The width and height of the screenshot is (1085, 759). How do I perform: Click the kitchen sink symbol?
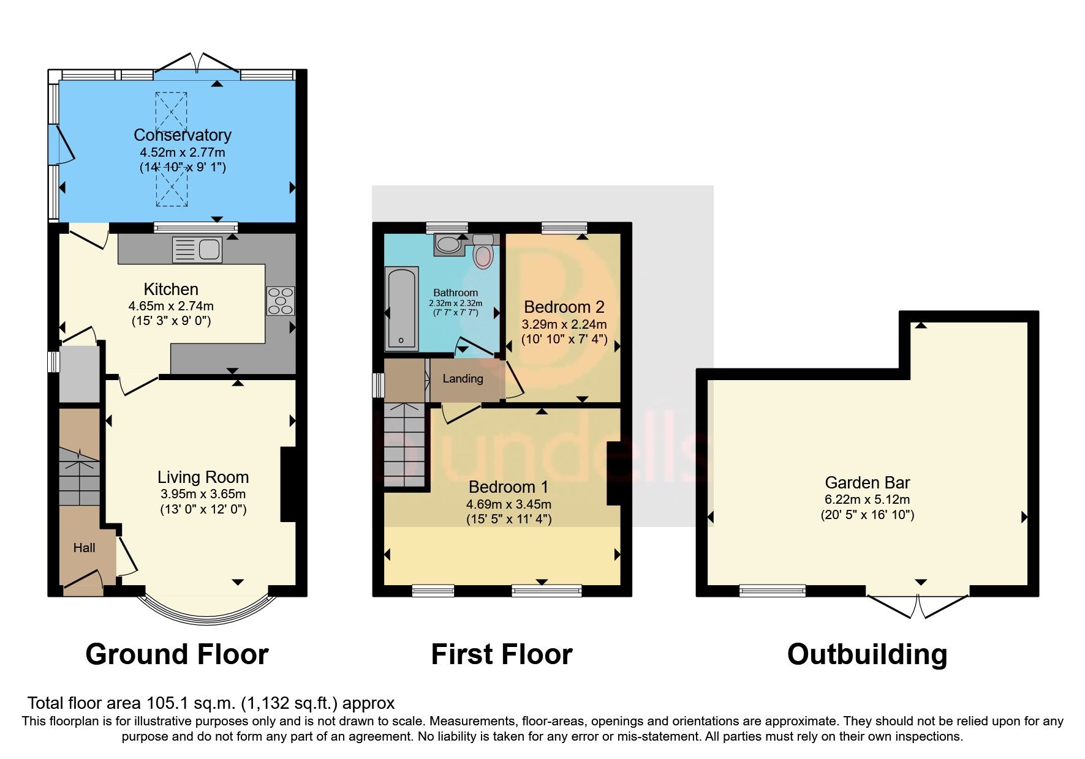197,250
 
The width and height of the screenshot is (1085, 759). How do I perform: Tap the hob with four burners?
281,301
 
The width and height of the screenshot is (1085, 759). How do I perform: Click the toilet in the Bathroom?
483,253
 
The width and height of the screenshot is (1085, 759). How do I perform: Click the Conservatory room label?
183,135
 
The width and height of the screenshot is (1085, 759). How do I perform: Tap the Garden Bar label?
867,482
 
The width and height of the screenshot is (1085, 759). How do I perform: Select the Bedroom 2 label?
564,307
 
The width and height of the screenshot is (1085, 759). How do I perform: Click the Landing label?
463,379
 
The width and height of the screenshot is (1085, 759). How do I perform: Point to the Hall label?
84,548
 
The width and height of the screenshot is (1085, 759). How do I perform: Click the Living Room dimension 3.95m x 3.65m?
203,494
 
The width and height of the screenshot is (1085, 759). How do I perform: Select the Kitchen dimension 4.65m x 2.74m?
171,305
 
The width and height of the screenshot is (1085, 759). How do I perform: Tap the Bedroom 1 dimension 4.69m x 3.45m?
508,504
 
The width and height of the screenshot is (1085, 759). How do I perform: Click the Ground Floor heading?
177,654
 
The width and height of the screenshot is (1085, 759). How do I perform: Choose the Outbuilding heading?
867,654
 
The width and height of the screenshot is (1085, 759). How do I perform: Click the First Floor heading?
501,654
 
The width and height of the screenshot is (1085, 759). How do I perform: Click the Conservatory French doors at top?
197,65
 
